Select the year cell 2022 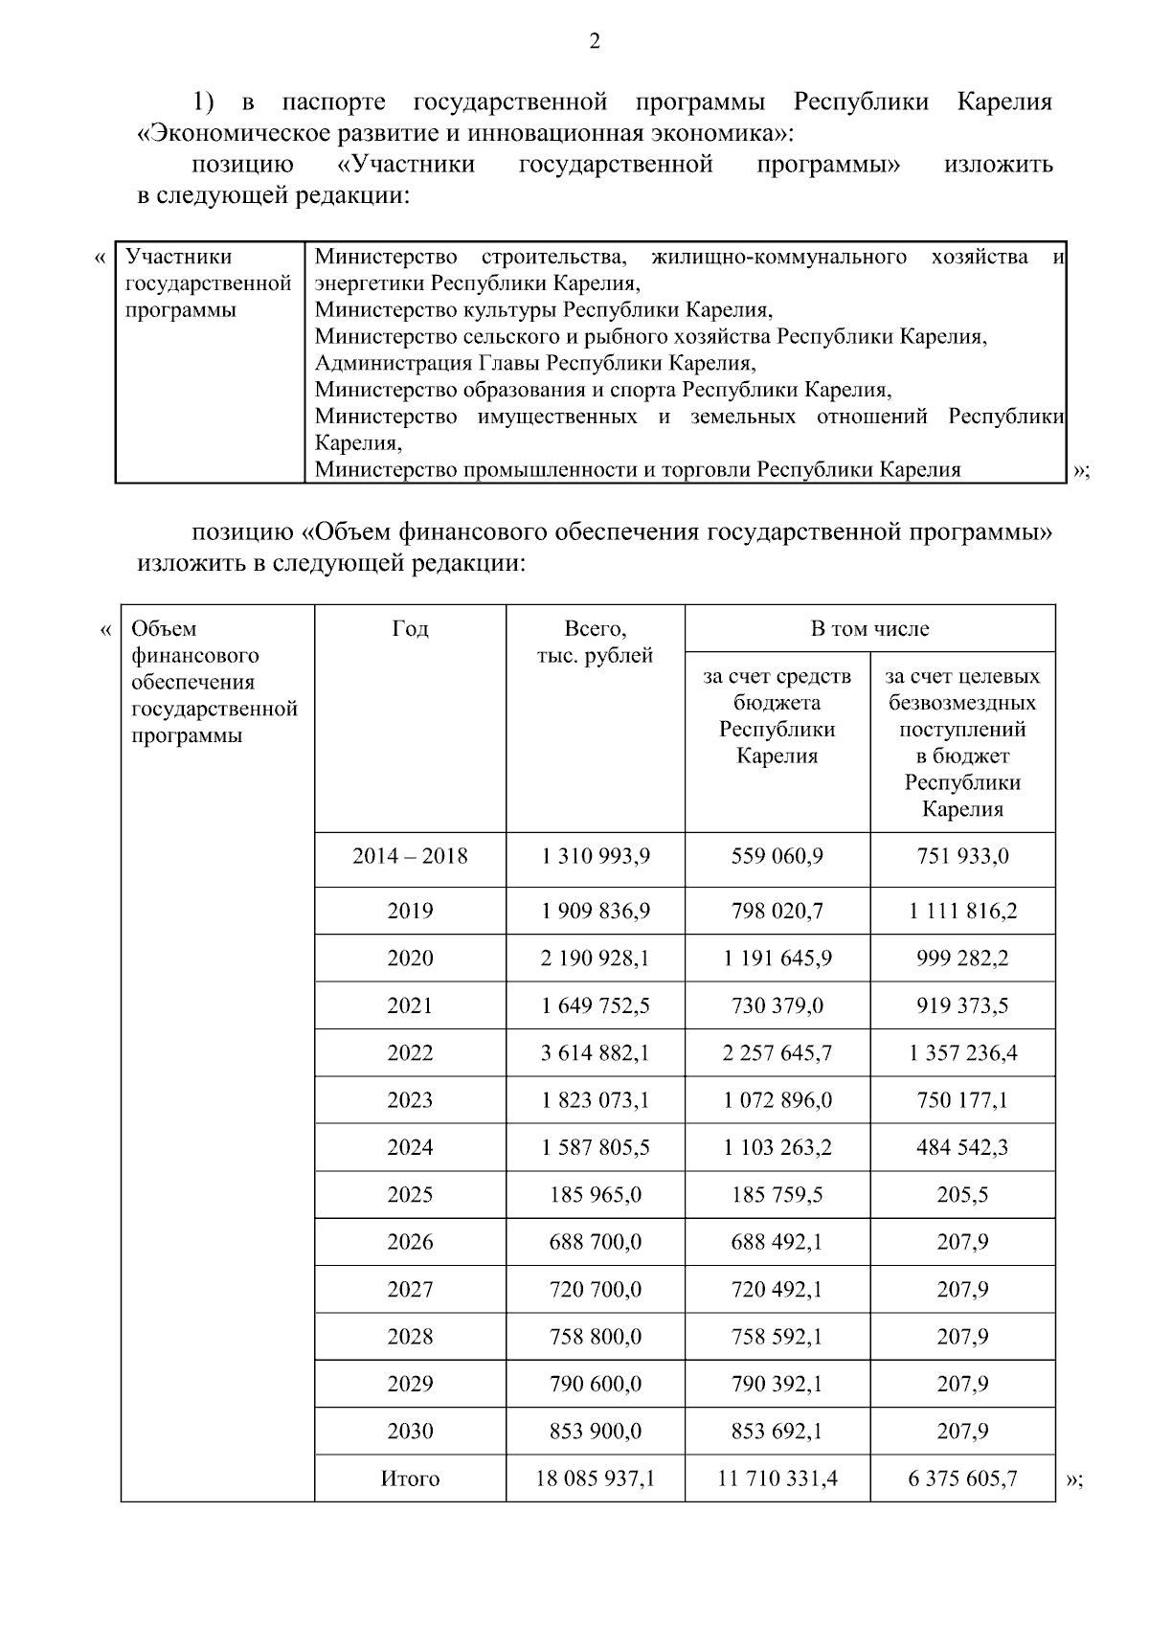coord(410,1053)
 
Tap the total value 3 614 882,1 coord(595,1053)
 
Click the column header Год coord(410,629)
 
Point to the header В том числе coord(869,629)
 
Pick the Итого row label coord(410,1478)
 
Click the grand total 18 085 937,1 coord(595,1478)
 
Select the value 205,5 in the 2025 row coord(962,1195)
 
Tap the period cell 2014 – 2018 coord(410,856)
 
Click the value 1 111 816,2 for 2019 coord(962,912)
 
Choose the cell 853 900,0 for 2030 coord(595,1432)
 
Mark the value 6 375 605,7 coord(962,1478)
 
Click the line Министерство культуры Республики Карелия coord(543,310)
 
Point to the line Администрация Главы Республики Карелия coord(535,364)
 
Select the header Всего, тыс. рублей coord(595,643)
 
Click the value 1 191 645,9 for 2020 coord(777,959)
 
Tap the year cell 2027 coord(410,1290)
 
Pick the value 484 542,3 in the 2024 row coord(962,1147)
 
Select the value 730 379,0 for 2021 coord(777,1005)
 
